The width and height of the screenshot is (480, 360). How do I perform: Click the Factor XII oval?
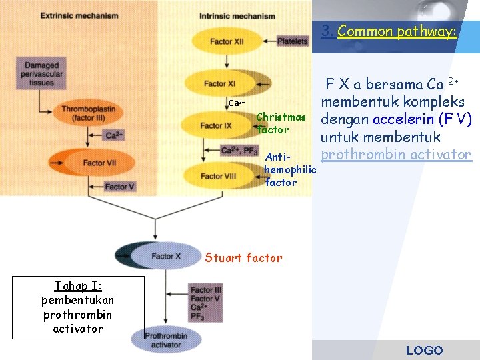(226, 41)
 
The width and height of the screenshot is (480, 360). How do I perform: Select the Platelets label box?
(293, 41)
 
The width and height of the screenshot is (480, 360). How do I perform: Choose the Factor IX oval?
(214, 125)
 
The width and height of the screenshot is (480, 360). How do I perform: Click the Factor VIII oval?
(213, 176)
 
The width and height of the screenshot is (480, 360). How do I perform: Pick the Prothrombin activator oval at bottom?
(165, 340)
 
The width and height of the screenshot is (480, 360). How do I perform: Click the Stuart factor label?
(243, 258)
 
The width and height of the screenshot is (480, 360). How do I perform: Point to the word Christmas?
(281, 117)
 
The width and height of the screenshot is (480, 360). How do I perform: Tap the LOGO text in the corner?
(424, 350)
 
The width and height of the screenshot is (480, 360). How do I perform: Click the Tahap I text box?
(77, 307)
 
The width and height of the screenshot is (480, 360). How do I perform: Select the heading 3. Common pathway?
(388, 31)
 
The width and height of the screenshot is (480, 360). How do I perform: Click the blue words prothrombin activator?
(396, 155)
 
